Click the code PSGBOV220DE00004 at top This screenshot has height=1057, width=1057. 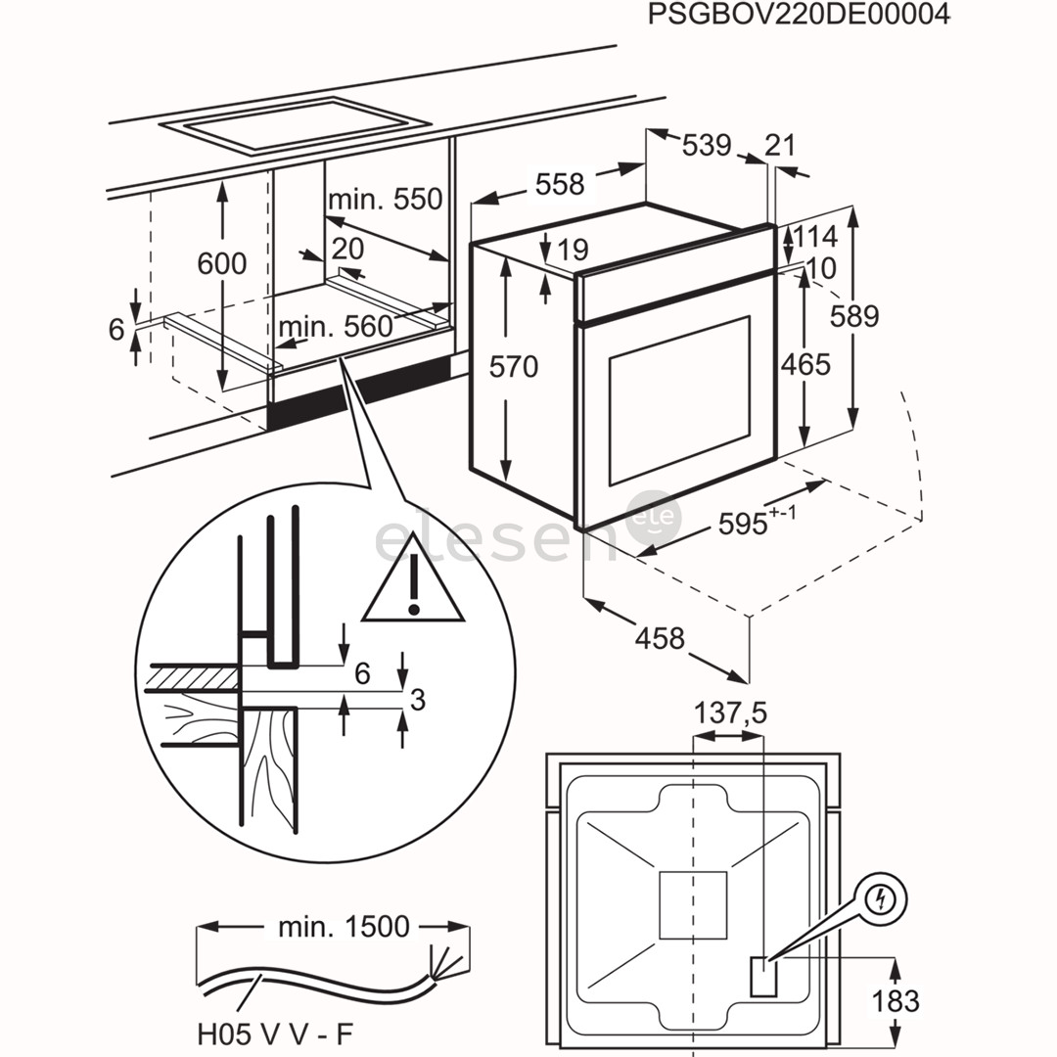pyautogui.click(x=799, y=17)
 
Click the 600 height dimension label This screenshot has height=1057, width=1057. pyautogui.click(x=221, y=263)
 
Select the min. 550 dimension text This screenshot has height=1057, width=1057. pyautogui.click(x=385, y=200)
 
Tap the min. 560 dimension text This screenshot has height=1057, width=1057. pyautogui.click(x=336, y=327)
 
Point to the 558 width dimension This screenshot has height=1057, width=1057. pyautogui.click(x=560, y=184)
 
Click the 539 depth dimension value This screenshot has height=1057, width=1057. pyautogui.click(x=706, y=145)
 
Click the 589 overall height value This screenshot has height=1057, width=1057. pyautogui.click(x=854, y=316)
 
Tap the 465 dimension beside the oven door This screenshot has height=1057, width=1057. pyautogui.click(x=805, y=364)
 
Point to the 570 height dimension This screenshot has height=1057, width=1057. pyautogui.click(x=514, y=367)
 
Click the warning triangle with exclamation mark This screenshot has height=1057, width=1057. pyautogui.click(x=412, y=589)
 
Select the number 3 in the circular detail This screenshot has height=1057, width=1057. pyautogui.click(x=418, y=699)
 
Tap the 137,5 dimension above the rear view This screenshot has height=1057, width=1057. pyautogui.click(x=730, y=713)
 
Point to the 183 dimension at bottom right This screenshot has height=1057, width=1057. pyautogui.click(x=895, y=1000)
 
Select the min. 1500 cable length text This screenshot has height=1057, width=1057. pyautogui.click(x=343, y=926)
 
